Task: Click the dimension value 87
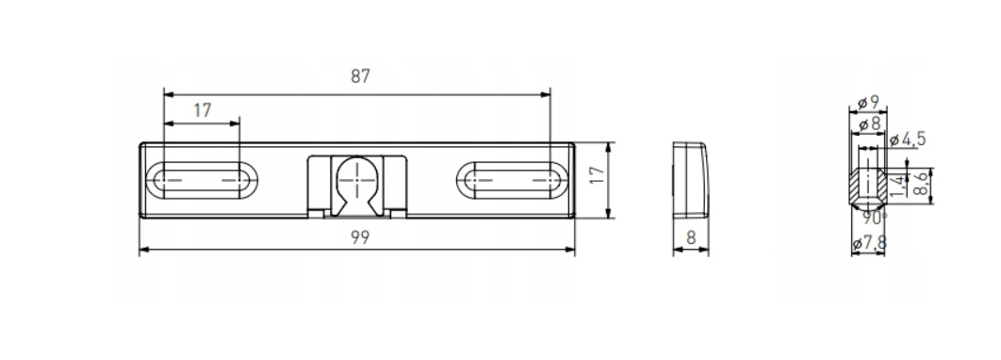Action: [360, 76]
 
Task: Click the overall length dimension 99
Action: [360, 237]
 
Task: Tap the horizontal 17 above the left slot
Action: [203, 110]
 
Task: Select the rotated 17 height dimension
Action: [597, 175]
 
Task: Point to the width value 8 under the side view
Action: [691, 237]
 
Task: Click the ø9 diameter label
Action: [869, 102]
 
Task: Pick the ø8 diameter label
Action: [869, 123]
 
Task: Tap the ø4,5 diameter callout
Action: [907, 139]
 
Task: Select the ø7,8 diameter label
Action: [869, 243]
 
